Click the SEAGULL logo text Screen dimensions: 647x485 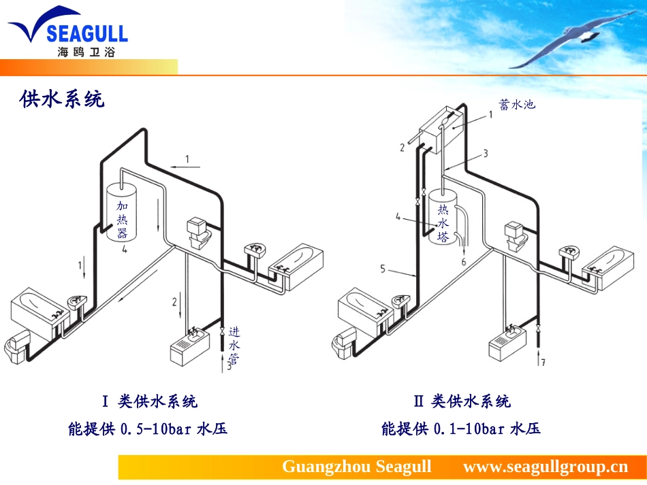(87, 33)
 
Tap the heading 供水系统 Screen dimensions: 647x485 (62, 99)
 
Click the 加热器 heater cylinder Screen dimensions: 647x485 (122, 213)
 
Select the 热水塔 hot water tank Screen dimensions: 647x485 (443, 217)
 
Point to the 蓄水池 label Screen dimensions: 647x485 (517, 104)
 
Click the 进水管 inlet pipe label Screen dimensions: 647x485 (234, 346)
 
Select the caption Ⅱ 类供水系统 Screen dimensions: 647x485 (462, 401)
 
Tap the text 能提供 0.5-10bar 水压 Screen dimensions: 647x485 (148, 429)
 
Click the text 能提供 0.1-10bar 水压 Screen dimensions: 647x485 (461, 429)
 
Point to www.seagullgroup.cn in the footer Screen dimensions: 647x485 (546, 467)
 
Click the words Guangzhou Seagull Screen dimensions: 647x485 (356, 467)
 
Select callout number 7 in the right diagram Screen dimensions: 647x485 (543, 362)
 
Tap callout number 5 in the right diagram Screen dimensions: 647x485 (383, 269)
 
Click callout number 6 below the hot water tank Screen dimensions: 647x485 (463, 262)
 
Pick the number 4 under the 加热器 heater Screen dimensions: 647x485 (125, 249)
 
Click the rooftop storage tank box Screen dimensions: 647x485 (440, 129)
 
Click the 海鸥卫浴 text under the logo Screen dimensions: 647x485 (86, 52)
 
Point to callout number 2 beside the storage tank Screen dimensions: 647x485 (402, 147)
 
